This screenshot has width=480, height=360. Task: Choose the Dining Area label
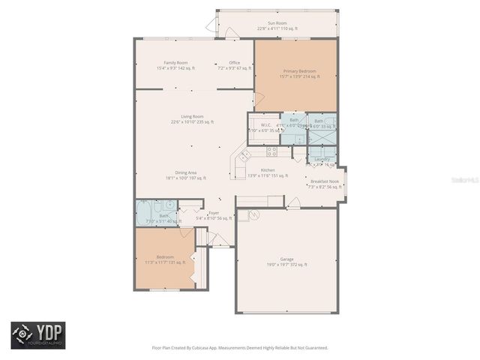tap(176, 174)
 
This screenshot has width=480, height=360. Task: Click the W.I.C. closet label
tap(265, 125)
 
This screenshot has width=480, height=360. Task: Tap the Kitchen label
tap(268, 170)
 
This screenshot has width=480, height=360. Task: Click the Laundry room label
tap(322, 159)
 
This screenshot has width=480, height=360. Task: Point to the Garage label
tap(286, 259)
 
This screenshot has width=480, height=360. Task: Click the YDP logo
tap(37, 334)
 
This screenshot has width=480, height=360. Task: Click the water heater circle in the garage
tap(253, 215)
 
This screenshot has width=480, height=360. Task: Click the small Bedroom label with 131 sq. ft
tap(165, 257)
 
